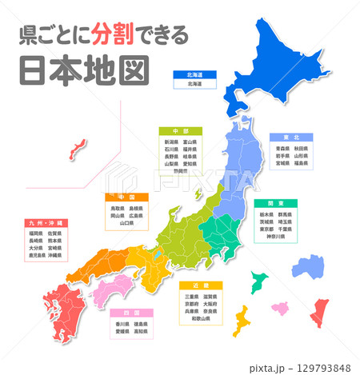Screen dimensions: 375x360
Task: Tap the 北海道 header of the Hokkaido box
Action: click(x=195, y=74)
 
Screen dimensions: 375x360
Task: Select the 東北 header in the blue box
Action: click(x=284, y=138)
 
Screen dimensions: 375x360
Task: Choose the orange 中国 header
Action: click(x=126, y=196)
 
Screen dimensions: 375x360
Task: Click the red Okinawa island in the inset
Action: click(x=78, y=148)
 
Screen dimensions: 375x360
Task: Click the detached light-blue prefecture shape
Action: click(x=307, y=268)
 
